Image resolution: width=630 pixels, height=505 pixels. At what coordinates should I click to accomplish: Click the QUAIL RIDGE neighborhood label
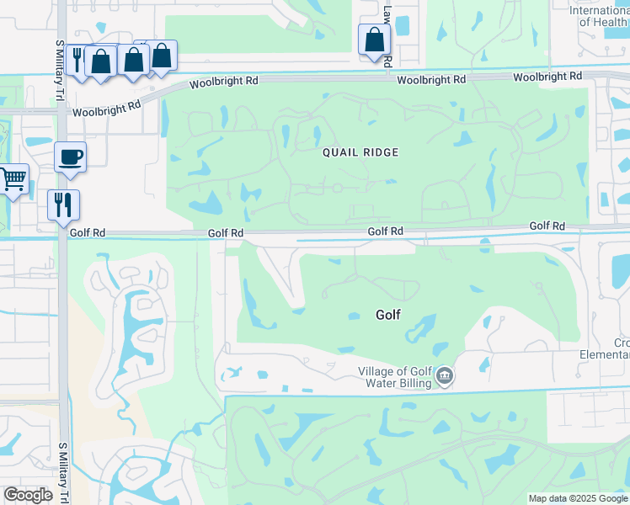click(360, 152)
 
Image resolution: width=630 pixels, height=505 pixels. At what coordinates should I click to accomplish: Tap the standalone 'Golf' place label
click(387, 315)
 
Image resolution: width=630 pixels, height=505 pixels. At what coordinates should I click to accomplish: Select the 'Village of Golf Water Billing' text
click(395, 377)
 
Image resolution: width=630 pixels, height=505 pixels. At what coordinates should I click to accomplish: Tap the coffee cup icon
click(70, 156)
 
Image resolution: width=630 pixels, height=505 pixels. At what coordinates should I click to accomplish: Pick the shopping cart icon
click(13, 178)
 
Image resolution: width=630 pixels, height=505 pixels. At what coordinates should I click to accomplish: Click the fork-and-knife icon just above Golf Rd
click(63, 205)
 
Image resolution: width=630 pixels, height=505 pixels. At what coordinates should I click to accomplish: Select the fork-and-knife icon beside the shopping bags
click(77, 59)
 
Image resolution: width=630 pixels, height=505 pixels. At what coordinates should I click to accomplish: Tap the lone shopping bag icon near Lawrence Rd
click(374, 40)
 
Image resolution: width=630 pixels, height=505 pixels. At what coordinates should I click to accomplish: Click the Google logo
click(28, 495)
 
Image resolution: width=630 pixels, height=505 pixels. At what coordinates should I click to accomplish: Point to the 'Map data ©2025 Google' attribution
click(579, 498)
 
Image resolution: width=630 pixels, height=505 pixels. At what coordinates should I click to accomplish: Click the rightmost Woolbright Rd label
click(547, 77)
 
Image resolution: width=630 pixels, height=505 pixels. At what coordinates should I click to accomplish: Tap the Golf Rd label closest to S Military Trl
click(88, 232)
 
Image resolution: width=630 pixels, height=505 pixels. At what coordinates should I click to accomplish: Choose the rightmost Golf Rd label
click(547, 226)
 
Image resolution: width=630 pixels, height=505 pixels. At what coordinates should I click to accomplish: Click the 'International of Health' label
click(600, 16)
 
